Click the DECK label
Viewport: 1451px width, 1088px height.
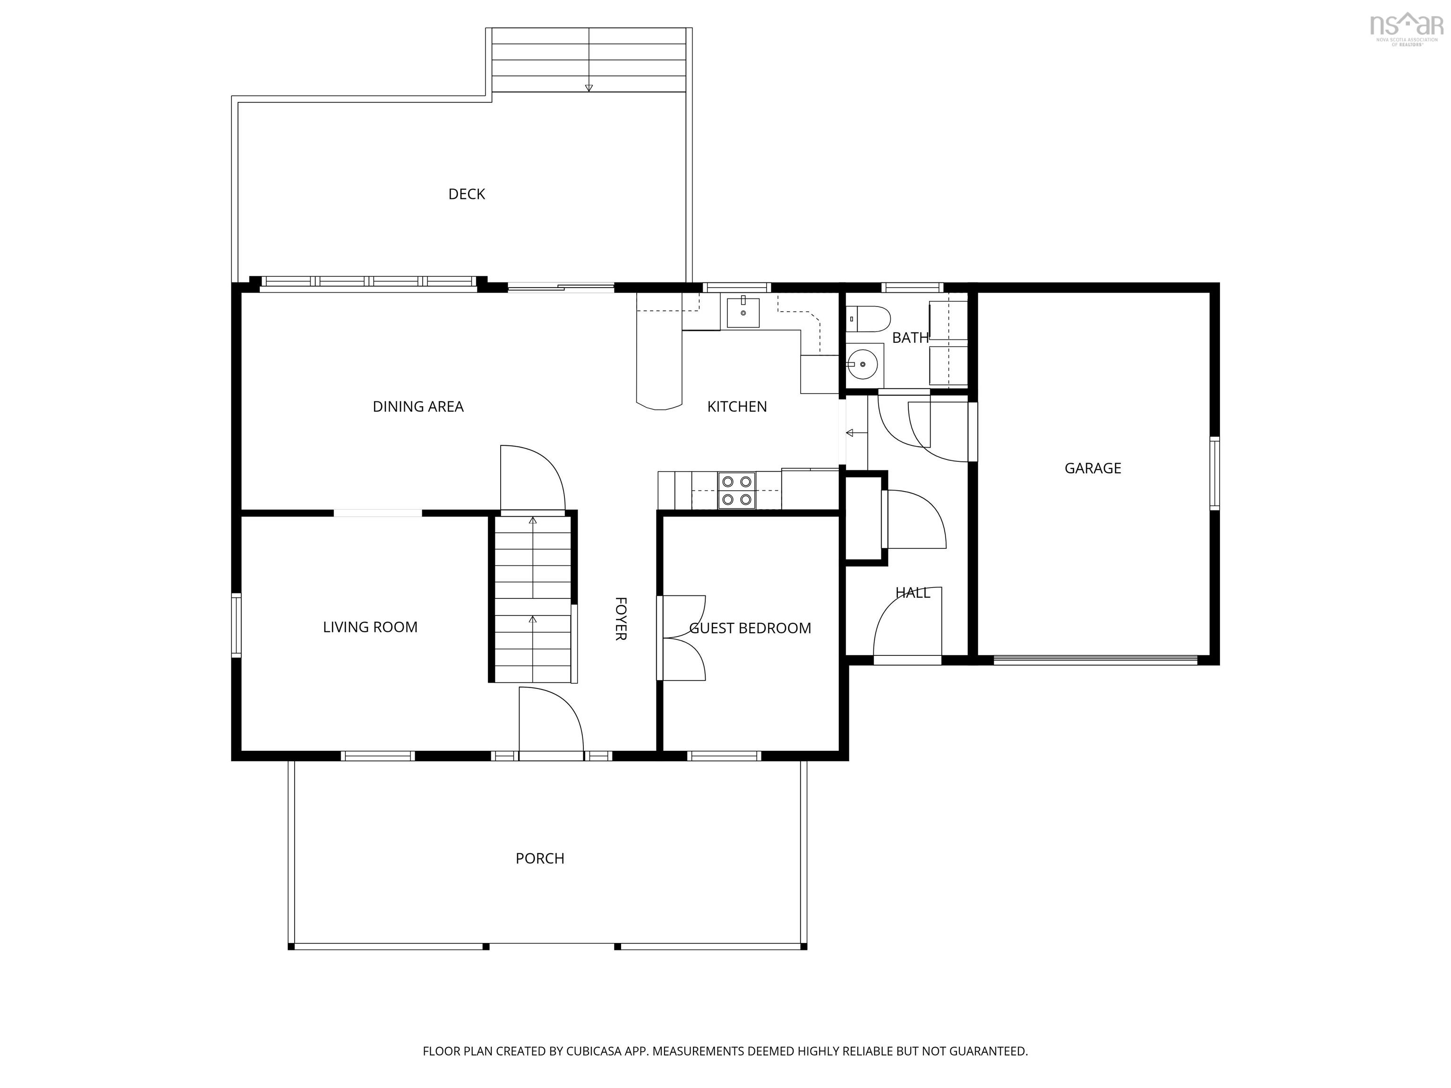466,194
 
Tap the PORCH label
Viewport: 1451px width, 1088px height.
540,858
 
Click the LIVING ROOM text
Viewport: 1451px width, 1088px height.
370,627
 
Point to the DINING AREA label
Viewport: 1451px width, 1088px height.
418,407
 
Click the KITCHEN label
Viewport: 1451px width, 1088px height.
737,407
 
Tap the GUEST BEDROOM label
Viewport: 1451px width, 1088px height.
750,628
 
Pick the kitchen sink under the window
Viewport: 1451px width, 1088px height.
743,313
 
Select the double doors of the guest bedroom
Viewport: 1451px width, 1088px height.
682,637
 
